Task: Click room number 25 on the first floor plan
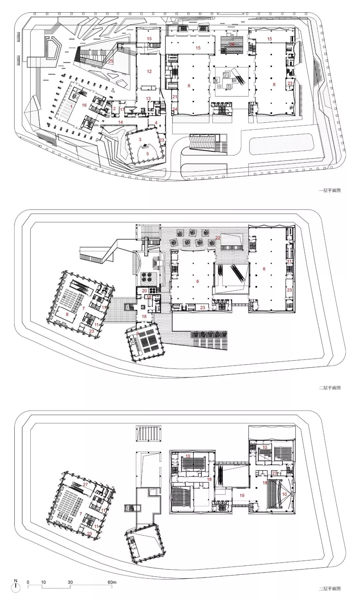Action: [111, 61]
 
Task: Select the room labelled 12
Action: [149, 71]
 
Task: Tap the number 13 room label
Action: [148, 99]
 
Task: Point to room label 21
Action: [175, 97]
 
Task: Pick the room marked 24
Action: [175, 109]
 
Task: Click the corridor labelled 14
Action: [120, 122]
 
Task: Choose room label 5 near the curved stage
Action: [147, 154]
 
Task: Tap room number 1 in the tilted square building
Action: [71, 106]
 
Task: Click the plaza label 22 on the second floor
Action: [218, 237]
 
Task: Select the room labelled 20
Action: [144, 290]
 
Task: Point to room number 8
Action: [67, 314]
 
